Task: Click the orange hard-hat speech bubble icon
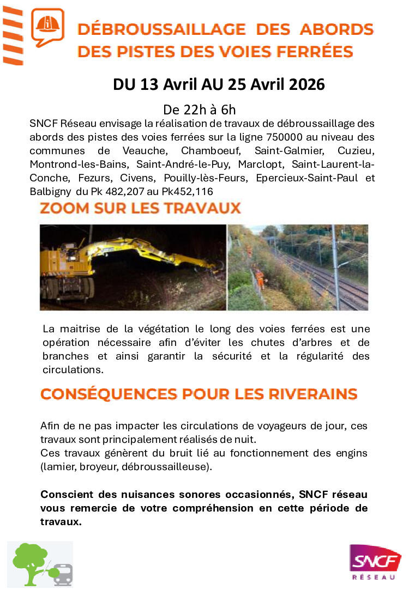[x=47, y=27]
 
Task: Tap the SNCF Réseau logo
[x=375, y=561]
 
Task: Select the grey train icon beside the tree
[x=63, y=574]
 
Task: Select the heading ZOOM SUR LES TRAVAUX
[x=140, y=209]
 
